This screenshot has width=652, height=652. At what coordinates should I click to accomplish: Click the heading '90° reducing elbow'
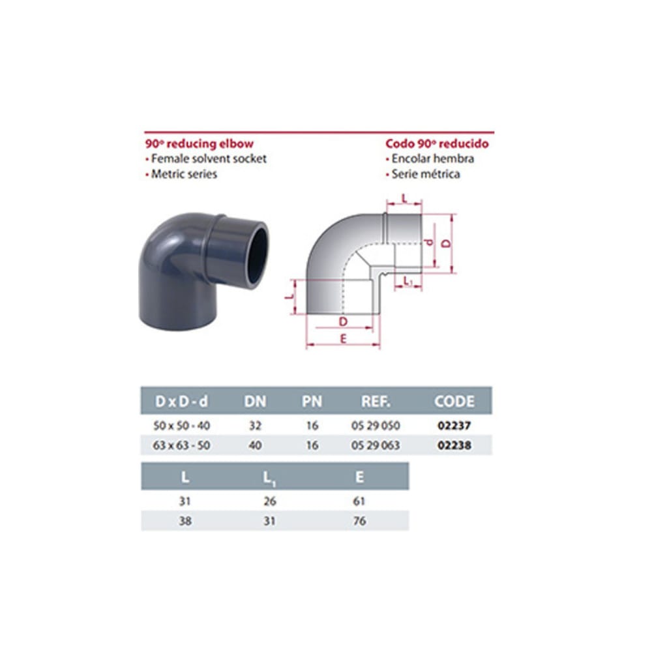click(x=199, y=144)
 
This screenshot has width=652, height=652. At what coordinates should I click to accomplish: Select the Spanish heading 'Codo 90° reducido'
click(x=437, y=144)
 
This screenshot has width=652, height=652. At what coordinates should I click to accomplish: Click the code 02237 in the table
click(x=454, y=425)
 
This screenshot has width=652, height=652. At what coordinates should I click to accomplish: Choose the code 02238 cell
click(x=454, y=445)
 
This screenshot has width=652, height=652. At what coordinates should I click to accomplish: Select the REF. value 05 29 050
click(x=376, y=425)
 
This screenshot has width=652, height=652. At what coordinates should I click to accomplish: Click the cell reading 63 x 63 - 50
click(x=181, y=445)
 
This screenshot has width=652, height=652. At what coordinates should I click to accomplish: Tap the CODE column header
click(x=454, y=401)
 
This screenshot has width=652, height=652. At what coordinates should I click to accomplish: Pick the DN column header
click(x=255, y=401)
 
